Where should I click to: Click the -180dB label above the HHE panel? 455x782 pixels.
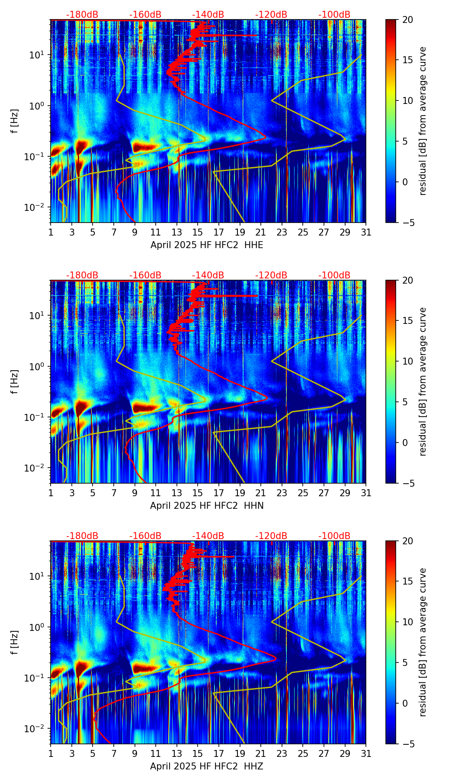coord(82,15)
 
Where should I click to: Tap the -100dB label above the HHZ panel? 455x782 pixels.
coord(334,536)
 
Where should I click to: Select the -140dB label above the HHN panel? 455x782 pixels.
coord(208,275)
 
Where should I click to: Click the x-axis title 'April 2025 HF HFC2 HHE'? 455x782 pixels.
coord(207,245)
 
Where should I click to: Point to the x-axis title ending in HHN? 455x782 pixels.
coord(207,506)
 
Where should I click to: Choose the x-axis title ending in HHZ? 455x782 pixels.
coord(207,766)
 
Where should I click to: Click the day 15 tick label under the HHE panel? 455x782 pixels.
coord(198,233)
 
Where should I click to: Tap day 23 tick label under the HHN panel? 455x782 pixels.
coord(282,493)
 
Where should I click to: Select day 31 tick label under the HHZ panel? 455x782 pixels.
coord(366,754)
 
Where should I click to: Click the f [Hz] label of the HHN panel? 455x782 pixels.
coord(15,381)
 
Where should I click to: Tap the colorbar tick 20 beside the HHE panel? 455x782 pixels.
coord(407,19)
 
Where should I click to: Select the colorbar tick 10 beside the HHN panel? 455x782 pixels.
coord(407,361)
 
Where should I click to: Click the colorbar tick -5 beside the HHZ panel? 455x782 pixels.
coord(407,744)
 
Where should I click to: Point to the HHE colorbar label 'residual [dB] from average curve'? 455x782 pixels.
coord(423,121)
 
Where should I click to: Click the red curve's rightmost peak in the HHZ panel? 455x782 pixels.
coord(276,660)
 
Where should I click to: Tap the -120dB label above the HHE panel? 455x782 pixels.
coord(271,15)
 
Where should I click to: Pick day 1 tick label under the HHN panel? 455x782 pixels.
coord(51,493)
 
